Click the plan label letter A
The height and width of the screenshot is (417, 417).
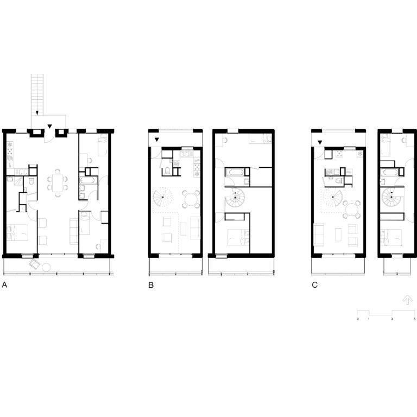click(x=4, y=285)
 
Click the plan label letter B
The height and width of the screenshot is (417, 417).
click(x=151, y=285)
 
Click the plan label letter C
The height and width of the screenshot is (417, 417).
click(x=314, y=285)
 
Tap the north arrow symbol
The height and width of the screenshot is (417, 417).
click(x=407, y=300)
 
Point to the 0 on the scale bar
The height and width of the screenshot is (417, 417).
click(x=357, y=319)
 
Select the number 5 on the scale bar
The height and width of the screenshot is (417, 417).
click(x=414, y=319)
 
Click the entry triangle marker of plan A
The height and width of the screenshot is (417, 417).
click(x=49, y=127)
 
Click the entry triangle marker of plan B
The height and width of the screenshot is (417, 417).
click(x=157, y=140)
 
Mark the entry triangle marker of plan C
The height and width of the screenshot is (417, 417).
click(x=320, y=143)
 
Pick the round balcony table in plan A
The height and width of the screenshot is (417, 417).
click(x=47, y=267)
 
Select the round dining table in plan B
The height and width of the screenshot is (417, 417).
click(x=191, y=199)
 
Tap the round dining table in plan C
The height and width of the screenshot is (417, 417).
click(x=352, y=209)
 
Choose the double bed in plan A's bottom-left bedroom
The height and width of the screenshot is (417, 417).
click(x=17, y=233)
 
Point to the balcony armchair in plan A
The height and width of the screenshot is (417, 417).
click(x=35, y=264)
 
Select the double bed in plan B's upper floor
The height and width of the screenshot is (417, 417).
click(x=238, y=237)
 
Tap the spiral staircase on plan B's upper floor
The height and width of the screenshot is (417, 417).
click(x=235, y=198)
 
